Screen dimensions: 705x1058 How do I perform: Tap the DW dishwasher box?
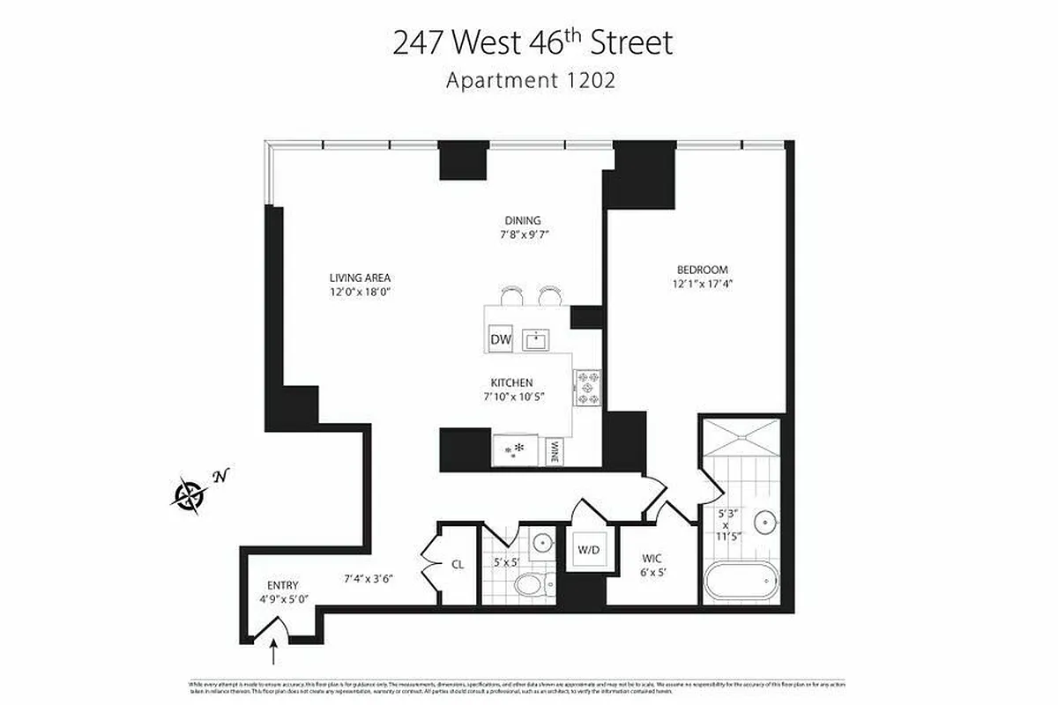point(501,339)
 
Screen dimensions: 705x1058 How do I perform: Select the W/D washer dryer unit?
point(588,550)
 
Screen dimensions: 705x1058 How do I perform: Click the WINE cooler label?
point(555,452)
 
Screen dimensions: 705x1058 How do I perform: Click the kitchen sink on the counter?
point(536,339)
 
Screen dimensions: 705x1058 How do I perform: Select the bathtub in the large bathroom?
point(741,583)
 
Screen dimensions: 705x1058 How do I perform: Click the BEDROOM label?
point(702,270)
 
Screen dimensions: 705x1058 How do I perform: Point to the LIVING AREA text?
point(359,278)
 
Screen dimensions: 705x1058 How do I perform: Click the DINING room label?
point(523,220)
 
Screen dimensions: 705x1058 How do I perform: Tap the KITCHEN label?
point(512,382)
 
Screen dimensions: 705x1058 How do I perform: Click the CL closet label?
point(458,565)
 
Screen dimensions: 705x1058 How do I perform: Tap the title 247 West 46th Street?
point(533,42)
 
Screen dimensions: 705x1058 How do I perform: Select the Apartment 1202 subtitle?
point(530,80)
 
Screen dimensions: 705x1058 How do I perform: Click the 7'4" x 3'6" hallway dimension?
point(368,579)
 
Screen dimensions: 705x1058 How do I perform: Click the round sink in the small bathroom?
point(543,542)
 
